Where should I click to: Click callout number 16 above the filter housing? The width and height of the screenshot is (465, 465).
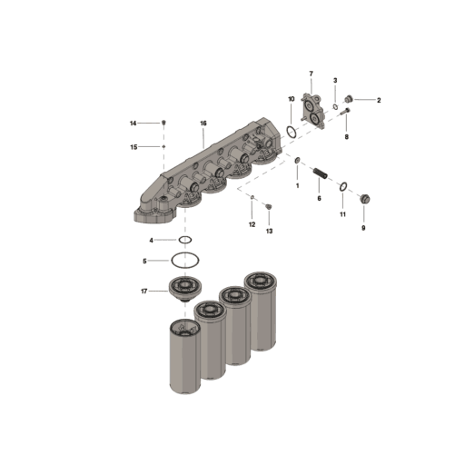(x=203, y=123)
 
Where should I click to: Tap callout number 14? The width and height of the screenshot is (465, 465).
(x=133, y=123)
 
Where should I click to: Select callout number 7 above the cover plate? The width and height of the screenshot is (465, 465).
(x=311, y=73)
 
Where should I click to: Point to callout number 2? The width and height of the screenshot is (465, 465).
(x=378, y=100)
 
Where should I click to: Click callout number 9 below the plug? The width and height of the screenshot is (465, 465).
(x=363, y=229)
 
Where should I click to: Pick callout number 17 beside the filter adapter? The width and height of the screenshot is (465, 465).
(x=143, y=291)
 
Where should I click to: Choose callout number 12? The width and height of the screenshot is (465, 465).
(x=252, y=223)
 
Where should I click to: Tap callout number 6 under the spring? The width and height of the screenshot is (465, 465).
(x=318, y=197)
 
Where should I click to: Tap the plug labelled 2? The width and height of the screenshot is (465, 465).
(x=350, y=99)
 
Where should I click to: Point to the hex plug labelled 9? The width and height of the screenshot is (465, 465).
(x=363, y=198)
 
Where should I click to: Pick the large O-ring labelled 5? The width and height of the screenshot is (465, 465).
(x=184, y=260)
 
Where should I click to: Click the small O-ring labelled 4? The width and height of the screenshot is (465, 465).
(x=184, y=240)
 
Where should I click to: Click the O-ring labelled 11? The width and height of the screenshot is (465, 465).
(x=343, y=188)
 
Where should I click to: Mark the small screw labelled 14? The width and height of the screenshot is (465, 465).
(x=163, y=123)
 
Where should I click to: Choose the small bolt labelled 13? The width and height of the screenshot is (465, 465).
(x=268, y=208)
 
